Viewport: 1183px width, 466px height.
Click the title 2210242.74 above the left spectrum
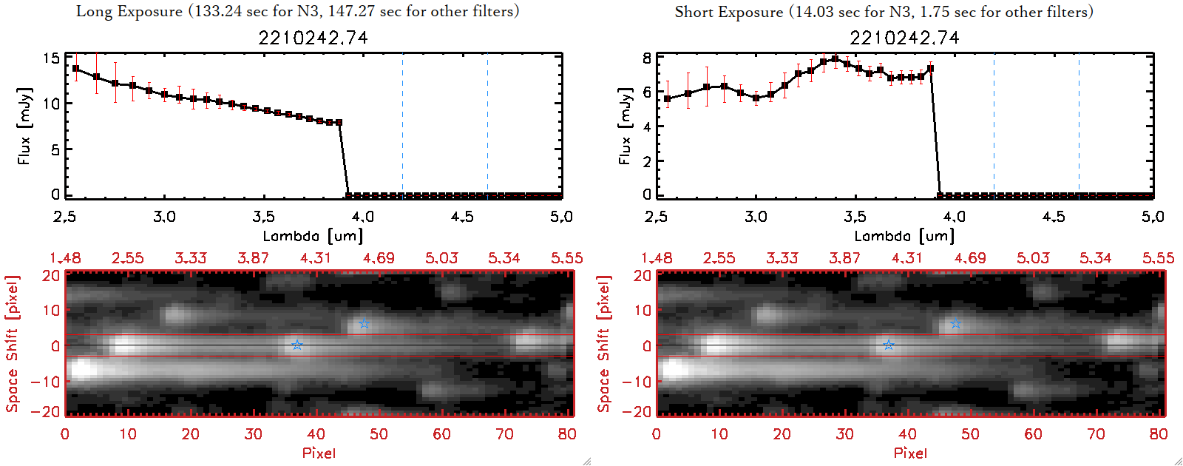click(x=313, y=38)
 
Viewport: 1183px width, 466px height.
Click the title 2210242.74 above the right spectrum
click(x=904, y=38)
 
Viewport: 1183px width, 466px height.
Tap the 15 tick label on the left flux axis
click(x=51, y=58)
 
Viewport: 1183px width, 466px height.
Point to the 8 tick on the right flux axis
click(x=647, y=58)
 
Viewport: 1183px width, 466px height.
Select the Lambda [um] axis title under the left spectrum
click(x=313, y=236)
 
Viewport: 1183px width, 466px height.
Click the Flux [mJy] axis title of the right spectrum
click(x=626, y=126)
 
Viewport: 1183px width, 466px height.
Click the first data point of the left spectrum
click(x=76, y=69)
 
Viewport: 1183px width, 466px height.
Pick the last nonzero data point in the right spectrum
click(x=930, y=69)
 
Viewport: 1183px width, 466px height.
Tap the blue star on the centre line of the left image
click(x=296, y=345)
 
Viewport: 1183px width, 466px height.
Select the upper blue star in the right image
click(x=955, y=324)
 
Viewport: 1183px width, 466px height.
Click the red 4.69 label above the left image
click(x=379, y=258)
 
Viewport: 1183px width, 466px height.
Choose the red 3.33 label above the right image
click(x=782, y=258)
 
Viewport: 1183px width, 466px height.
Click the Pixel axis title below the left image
click(x=319, y=453)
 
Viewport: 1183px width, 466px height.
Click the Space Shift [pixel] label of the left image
click(x=13, y=344)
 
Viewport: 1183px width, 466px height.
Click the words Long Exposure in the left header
click(x=129, y=11)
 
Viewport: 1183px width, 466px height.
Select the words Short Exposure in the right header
click(x=728, y=12)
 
